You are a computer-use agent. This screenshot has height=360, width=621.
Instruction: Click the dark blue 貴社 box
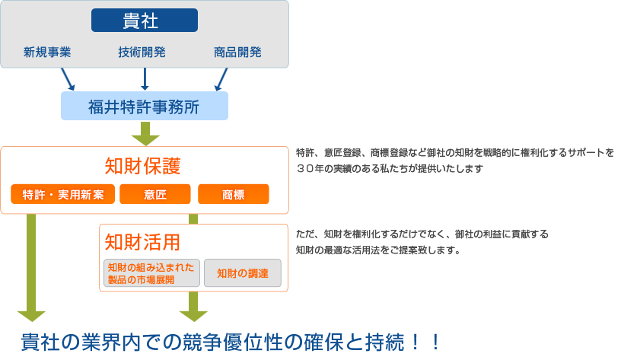145,21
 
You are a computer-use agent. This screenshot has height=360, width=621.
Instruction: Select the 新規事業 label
47,52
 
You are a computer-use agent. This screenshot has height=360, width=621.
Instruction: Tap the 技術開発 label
142,52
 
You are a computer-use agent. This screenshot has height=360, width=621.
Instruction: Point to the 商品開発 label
237,52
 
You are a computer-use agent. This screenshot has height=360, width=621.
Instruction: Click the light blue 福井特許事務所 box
145,106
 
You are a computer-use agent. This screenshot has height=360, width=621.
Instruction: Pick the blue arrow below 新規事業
68,79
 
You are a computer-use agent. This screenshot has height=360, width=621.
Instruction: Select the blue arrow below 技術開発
145,79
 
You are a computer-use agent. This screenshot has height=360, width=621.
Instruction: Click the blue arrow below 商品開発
221,79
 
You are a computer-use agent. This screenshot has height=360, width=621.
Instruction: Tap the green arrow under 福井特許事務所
145,133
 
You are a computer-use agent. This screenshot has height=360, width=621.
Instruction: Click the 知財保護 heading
142,166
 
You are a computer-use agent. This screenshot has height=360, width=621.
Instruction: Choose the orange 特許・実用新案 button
63,194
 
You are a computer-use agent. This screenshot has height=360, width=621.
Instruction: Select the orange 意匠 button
155,194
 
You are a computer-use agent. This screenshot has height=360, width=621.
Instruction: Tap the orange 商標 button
234,194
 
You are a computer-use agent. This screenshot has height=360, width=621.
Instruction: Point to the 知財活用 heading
142,242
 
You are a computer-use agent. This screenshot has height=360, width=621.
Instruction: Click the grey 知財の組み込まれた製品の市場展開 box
151,273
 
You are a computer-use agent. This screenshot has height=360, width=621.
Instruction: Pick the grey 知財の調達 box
243,273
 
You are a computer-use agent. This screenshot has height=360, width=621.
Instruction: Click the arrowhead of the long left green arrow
32,317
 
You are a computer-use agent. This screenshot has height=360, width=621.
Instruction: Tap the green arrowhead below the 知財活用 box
193,317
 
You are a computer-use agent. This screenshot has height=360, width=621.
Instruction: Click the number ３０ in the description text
305,169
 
